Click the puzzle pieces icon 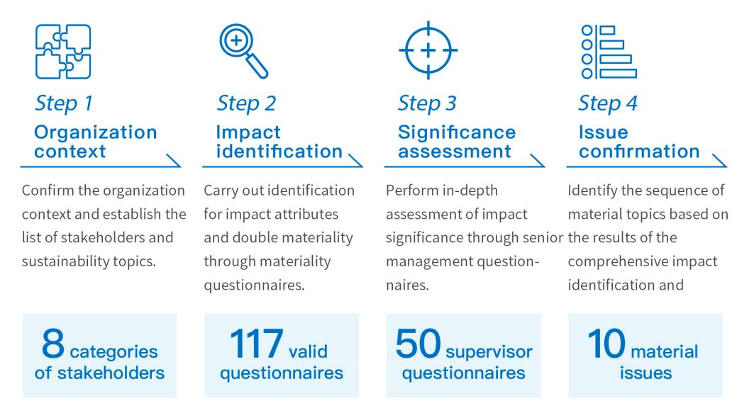click(x=63, y=52)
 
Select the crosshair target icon click(x=428, y=50)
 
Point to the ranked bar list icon click(x=609, y=52)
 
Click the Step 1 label click(x=63, y=103)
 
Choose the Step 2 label click(x=246, y=103)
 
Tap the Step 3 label click(x=427, y=103)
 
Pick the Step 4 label click(x=608, y=103)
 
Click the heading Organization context click(x=95, y=142)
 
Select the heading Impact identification click(x=279, y=142)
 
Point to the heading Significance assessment click(x=457, y=142)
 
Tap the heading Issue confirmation click(x=639, y=142)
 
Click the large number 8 click(x=53, y=344)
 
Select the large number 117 click(x=256, y=344)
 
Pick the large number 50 click(x=418, y=344)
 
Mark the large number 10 click(x=606, y=344)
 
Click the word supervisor click(x=489, y=352)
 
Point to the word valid click(x=309, y=351)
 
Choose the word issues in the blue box click(x=645, y=373)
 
